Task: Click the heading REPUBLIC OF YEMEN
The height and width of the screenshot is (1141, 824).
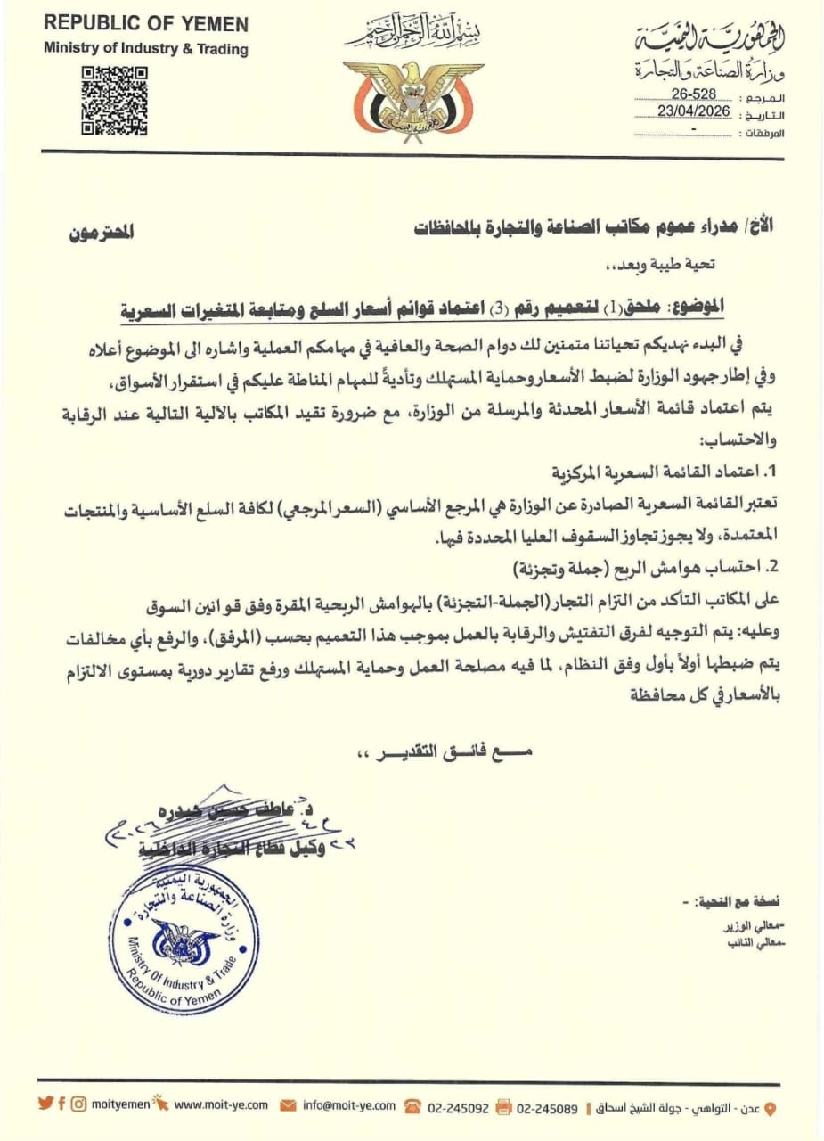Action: pyautogui.click(x=146, y=24)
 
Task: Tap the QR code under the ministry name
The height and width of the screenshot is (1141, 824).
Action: pyautogui.click(x=115, y=101)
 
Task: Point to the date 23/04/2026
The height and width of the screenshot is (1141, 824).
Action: pyautogui.click(x=694, y=112)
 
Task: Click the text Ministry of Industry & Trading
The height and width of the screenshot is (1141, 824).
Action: pyautogui.click(x=146, y=49)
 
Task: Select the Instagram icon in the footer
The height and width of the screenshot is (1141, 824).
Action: pyautogui.click(x=79, y=1104)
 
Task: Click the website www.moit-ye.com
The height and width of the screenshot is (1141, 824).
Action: pyautogui.click(x=221, y=1105)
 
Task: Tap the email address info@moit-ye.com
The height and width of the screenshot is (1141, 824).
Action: pyautogui.click(x=348, y=1105)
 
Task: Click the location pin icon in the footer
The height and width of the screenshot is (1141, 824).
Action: pyautogui.click(x=771, y=1108)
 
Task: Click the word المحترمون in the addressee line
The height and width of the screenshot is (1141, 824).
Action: pyautogui.click(x=102, y=234)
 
